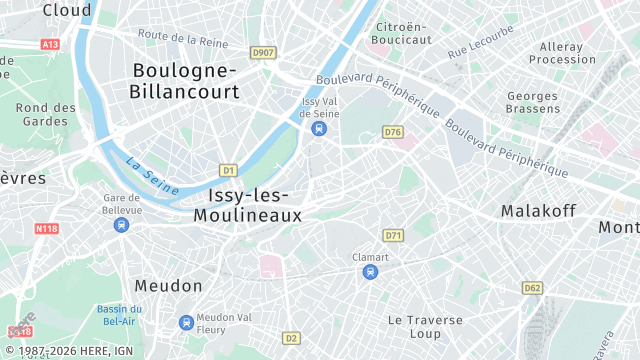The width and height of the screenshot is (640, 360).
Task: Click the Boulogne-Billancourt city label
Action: coord(185,81)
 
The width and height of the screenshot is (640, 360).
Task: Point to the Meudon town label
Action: coord(168,286)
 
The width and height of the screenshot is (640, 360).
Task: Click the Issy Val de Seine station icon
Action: coord(319,129)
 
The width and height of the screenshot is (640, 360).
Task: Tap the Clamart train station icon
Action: coord(370,272)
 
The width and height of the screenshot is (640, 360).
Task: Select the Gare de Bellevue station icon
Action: coord(121,225)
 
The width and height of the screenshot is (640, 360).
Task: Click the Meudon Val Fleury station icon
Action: coord(186,322)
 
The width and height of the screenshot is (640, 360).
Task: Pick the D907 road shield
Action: coord(264,52)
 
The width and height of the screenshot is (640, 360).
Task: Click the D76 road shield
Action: coord(392,132)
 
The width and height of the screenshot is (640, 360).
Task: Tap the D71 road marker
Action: coord(393,236)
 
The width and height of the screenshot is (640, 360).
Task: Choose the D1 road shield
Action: coord(228,170)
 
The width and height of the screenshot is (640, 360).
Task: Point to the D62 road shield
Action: coord(532,288)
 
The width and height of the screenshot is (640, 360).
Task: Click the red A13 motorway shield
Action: coord(50,45)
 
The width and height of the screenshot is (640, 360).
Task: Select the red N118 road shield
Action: coord(46,228)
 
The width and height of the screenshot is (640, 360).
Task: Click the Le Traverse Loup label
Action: coord(425,326)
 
